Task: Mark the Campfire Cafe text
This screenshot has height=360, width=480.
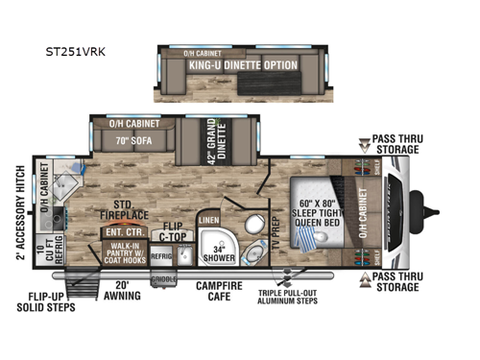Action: (x=219, y=290)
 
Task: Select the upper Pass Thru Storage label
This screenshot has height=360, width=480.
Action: (x=395, y=143)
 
